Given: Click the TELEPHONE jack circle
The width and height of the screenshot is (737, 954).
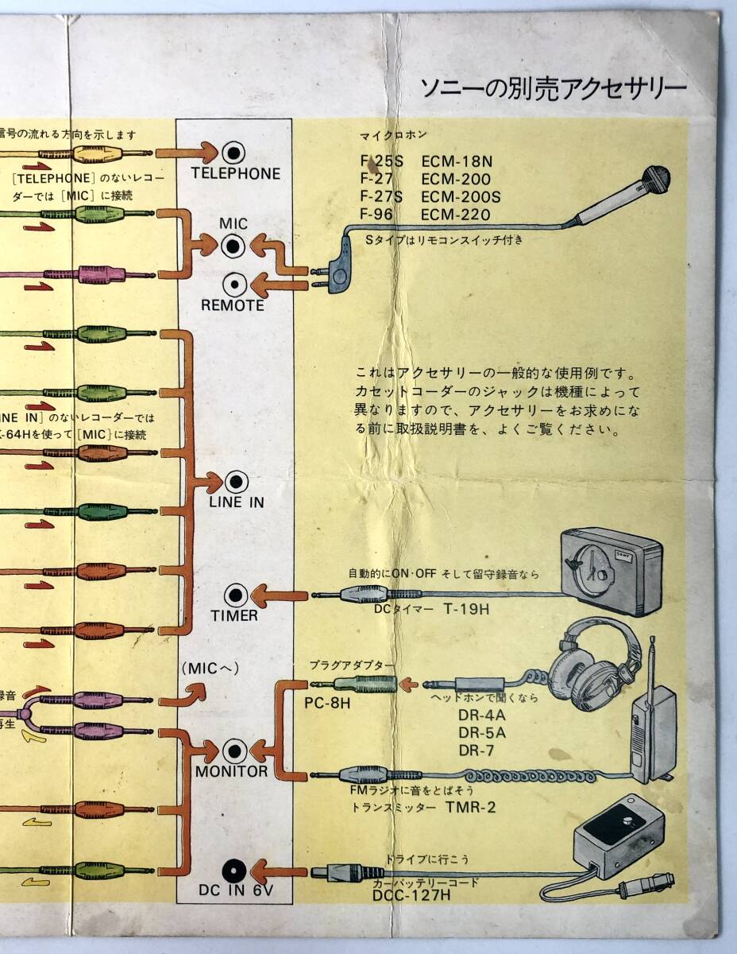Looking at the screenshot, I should point(233,152).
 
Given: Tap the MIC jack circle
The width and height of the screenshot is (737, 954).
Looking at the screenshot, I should point(233,247).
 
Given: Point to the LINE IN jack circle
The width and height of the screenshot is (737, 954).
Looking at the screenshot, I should point(236,482).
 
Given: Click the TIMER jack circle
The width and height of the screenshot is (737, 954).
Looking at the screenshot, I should point(235,595).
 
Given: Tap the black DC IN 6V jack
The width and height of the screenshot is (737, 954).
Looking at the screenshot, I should point(233,871).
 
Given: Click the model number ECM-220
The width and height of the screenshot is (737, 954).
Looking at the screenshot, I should point(456,215).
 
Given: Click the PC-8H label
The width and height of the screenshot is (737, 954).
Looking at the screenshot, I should point(326,704).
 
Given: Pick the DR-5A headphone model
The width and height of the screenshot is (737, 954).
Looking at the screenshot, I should point(481,732).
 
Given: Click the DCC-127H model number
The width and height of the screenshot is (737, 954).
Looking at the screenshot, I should point(411,896).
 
